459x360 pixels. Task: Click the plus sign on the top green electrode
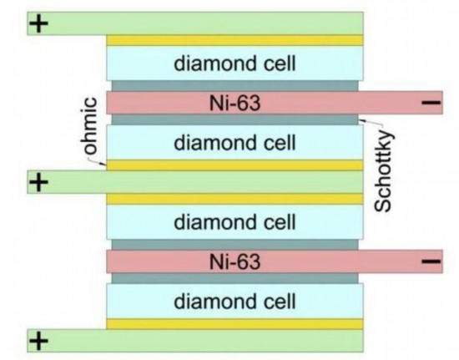[38, 23]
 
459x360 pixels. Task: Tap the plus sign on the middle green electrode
[38, 182]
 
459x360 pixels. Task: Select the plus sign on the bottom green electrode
[38, 341]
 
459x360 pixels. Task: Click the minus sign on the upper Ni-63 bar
[431, 103]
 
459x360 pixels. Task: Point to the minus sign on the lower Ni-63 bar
[431, 261]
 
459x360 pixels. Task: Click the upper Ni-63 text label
[235, 103]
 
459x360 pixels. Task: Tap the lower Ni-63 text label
[235, 262]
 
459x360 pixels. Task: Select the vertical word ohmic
[88, 126]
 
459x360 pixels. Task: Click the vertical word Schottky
[384, 170]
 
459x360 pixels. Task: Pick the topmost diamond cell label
[235, 63]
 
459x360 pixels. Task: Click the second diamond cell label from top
[235, 142]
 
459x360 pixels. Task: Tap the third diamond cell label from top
[235, 221]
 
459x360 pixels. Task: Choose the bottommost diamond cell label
[235, 302]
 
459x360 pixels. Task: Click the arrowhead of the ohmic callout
[104, 165]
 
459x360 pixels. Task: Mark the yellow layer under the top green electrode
[235, 40]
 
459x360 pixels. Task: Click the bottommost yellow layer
[235, 324]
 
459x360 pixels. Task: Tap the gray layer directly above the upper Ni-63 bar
[235, 86]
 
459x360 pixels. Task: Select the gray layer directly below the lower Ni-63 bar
[235, 278]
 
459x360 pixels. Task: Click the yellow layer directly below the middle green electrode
[235, 199]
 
